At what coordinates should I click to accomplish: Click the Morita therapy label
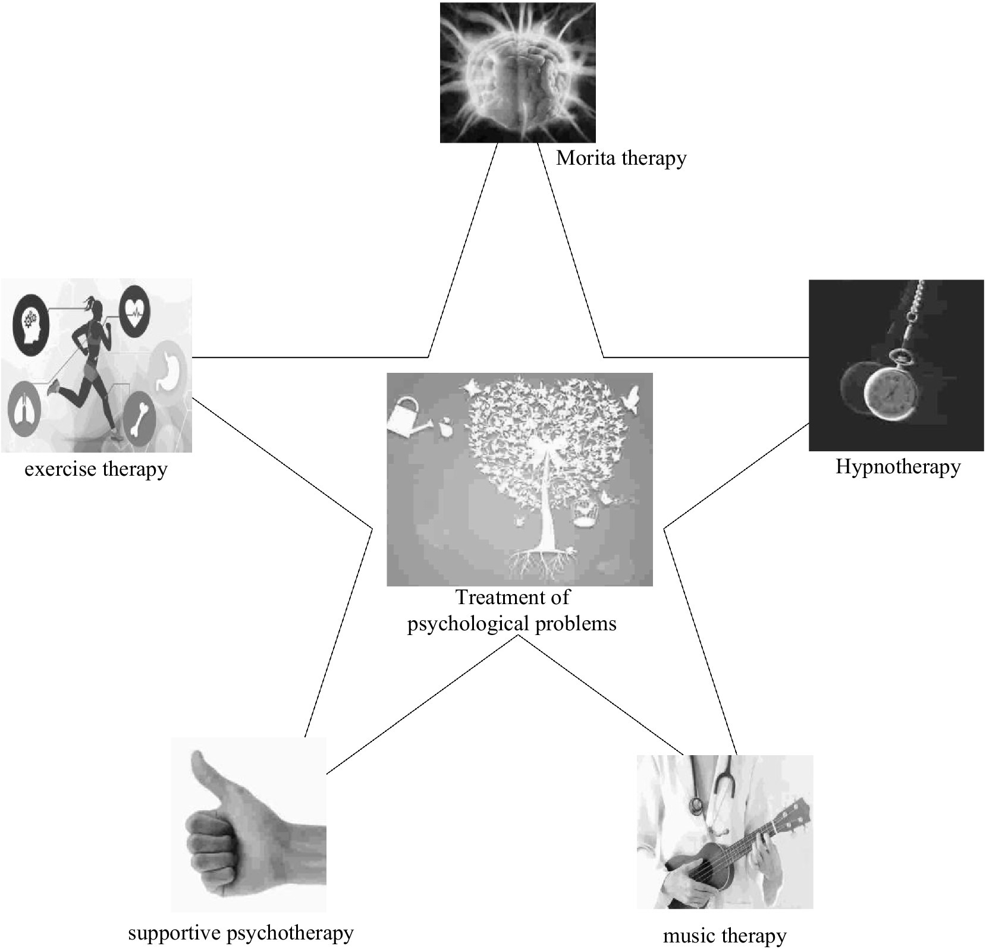(x=621, y=158)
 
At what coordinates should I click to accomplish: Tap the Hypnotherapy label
(x=897, y=467)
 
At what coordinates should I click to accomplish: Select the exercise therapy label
(x=96, y=469)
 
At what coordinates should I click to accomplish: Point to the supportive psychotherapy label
(x=241, y=932)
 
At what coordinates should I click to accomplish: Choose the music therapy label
(x=724, y=936)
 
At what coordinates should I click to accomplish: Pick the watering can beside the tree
(x=407, y=418)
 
